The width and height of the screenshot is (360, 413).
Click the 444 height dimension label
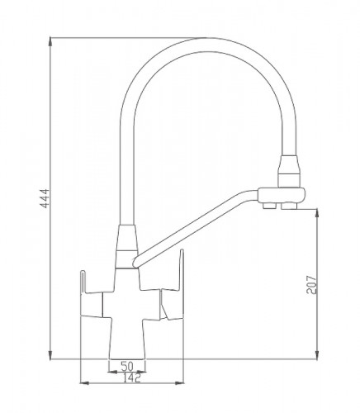tap(45, 199)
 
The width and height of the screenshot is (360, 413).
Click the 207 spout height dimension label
tap(311, 284)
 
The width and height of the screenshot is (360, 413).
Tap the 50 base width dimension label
tap(127, 366)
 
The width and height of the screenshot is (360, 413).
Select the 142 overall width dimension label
tap(131, 377)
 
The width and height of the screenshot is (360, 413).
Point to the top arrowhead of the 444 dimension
tap(50, 42)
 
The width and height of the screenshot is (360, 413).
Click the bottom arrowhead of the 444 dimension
tap(50, 354)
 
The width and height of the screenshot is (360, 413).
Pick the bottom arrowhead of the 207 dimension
tap(317, 354)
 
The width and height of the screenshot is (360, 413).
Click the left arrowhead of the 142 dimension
tap(84, 383)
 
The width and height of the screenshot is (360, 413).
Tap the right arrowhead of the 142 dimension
tap(179, 383)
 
